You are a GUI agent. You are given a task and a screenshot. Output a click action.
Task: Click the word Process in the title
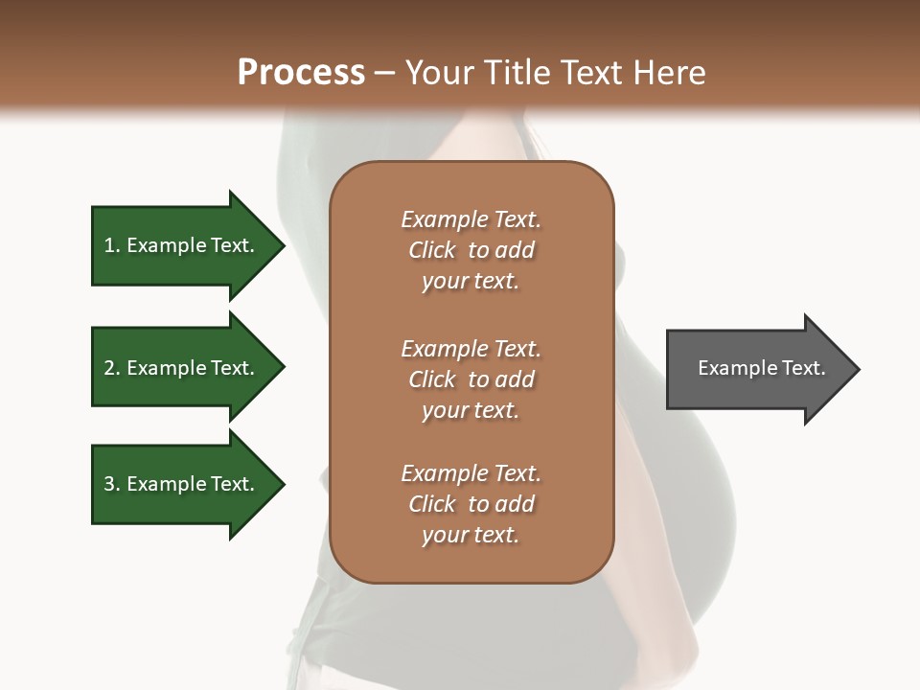point(301,73)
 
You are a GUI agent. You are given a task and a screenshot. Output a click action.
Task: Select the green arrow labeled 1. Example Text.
point(182,245)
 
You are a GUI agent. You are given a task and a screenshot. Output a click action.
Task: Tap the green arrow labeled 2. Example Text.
point(182,368)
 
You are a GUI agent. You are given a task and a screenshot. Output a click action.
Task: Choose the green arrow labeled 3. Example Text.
point(182,484)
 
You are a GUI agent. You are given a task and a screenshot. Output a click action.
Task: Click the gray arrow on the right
point(757,368)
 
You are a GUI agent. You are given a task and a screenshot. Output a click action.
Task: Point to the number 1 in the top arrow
point(109,245)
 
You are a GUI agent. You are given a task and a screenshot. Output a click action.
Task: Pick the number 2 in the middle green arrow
point(109,368)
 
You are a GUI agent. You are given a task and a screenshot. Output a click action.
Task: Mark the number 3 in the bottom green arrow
point(109,484)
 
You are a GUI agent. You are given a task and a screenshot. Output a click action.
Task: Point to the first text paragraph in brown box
point(471,250)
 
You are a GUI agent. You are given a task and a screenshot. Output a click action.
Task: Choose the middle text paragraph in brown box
point(471,379)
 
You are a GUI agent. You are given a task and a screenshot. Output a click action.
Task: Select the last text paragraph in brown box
point(471,504)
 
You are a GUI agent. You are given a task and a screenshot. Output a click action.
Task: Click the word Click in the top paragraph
point(432,250)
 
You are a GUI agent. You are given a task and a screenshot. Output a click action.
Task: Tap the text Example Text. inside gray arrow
point(761,368)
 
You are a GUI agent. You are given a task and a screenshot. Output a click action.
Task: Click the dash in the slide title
point(385,73)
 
